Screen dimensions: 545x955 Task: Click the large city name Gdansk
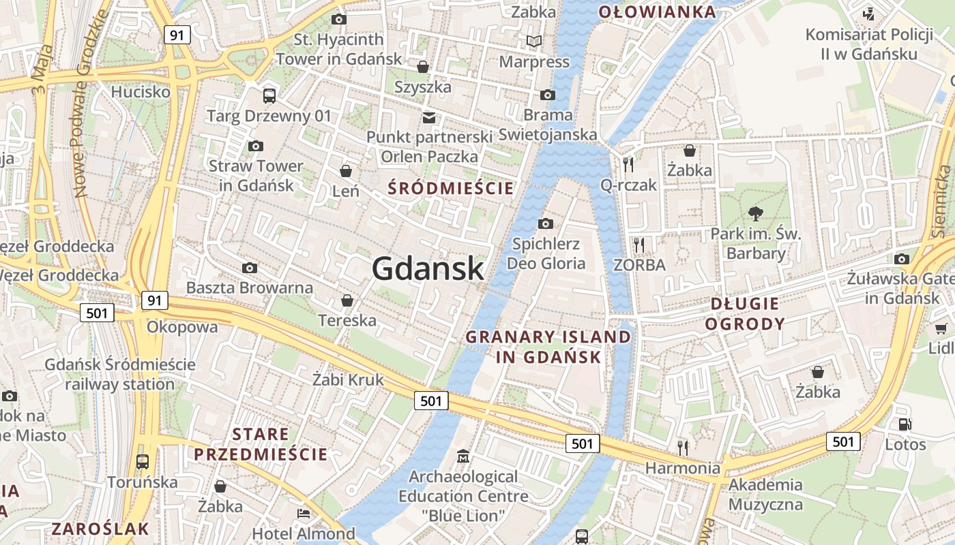pos(428,269)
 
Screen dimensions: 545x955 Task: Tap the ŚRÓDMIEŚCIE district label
pos(450,189)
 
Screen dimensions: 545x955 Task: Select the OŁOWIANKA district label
pos(657,12)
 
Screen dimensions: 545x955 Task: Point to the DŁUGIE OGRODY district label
pos(744,313)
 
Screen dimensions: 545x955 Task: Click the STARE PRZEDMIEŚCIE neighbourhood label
pos(261,444)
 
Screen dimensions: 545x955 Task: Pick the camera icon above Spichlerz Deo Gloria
pos(546,223)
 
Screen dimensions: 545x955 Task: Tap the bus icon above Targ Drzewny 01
pos(269,96)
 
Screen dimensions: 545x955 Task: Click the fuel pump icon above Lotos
pos(905,424)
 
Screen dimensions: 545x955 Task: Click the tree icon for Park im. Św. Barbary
pos(755,214)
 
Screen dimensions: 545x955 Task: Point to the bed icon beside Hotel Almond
pos(304,513)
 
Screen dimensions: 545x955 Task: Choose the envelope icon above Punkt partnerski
pos(429,117)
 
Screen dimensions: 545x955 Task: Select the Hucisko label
pos(141,91)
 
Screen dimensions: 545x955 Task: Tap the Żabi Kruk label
pos(348,379)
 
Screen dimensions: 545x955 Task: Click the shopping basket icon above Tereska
pos(347,300)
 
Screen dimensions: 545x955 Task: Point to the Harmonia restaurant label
pos(682,468)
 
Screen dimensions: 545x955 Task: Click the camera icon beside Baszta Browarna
pos(250,268)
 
